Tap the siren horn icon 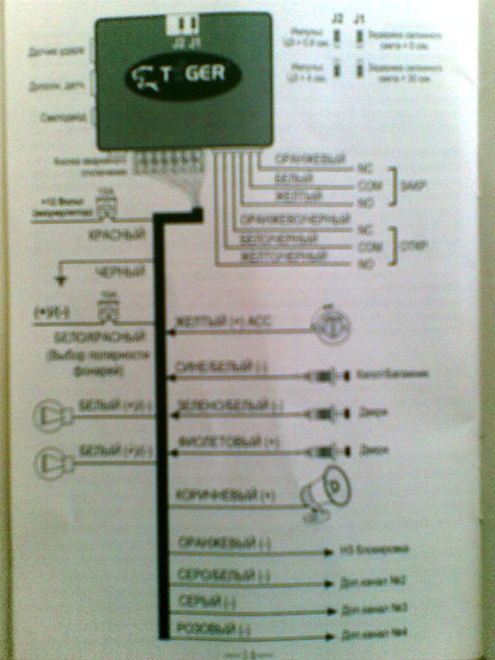point(325,493)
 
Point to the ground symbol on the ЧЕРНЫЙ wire point(61,280)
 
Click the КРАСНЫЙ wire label point(117,235)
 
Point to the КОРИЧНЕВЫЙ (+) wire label point(217,496)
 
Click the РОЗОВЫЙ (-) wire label point(213,627)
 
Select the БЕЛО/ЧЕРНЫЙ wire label point(279,238)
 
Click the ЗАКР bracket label point(410,186)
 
